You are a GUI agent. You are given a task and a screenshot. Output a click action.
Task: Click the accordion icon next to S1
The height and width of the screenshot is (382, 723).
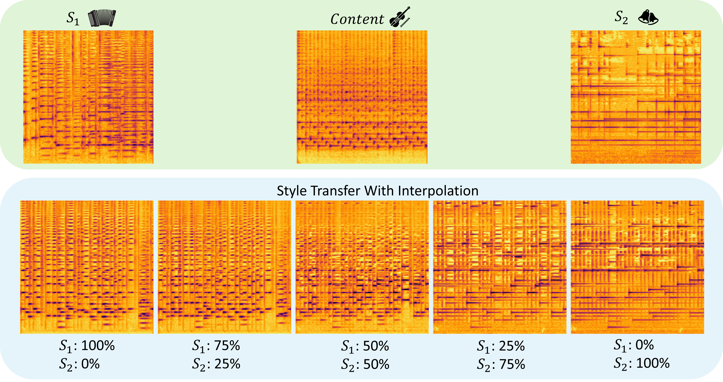[102, 18]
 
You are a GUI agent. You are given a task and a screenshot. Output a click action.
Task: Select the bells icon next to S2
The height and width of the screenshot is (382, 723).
[648, 17]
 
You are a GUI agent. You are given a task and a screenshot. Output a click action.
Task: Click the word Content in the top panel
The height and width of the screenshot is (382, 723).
[357, 19]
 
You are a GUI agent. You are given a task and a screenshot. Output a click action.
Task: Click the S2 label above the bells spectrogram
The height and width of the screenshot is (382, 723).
[621, 17]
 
